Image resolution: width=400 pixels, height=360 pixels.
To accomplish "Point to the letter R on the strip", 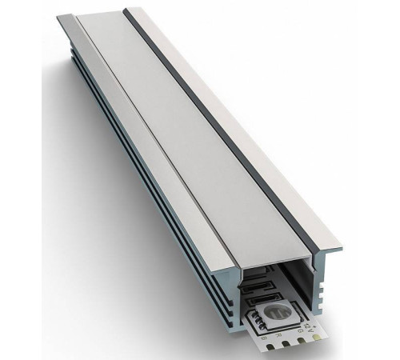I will (x=278, y=335).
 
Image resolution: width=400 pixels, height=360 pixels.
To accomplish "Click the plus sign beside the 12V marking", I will (x=314, y=325).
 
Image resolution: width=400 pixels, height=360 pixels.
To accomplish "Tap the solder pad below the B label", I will (x=270, y=346).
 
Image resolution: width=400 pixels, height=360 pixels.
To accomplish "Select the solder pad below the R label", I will (x=286, y=343).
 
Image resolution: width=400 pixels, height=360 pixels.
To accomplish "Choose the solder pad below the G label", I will (x=301, y=340).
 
